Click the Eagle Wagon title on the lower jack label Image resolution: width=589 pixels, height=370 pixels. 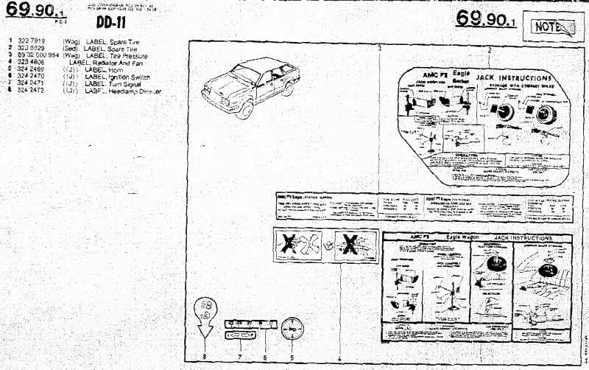(464, 237)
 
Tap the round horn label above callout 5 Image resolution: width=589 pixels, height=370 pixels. (292, 329)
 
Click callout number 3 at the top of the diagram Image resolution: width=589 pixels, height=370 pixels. (379, 49)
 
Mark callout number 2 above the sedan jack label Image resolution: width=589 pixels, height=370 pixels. (489, 50)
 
